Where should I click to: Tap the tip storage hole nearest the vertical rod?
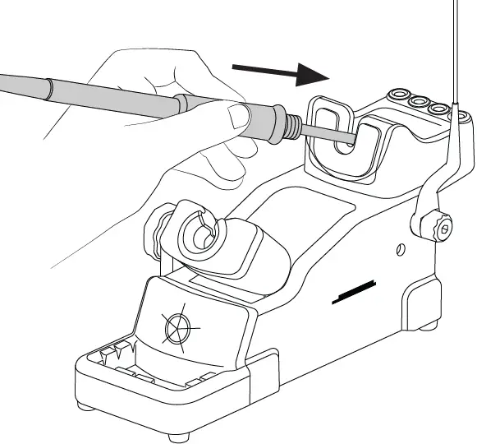point(441,108)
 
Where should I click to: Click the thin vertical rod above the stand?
point(456,49)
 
